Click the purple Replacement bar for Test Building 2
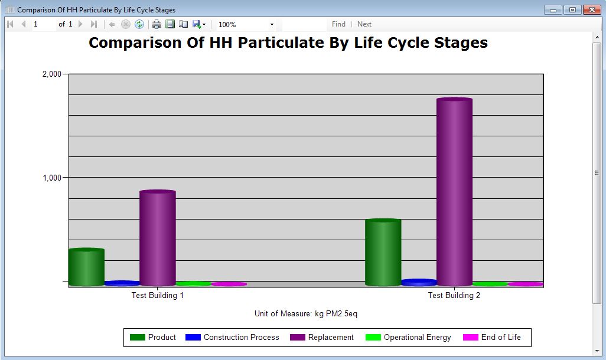454,192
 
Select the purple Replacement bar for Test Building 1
158,238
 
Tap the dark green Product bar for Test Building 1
86,267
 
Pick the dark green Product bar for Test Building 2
383,253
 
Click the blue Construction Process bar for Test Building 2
419,283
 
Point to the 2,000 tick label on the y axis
51,74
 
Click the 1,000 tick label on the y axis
51,178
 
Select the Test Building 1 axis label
158,295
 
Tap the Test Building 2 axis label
454,295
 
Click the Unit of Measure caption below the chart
306,313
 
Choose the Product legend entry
154,338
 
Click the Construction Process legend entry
233,338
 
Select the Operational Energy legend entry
409,338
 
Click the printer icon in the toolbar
157,24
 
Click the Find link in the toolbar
338,24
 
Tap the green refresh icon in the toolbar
139,24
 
